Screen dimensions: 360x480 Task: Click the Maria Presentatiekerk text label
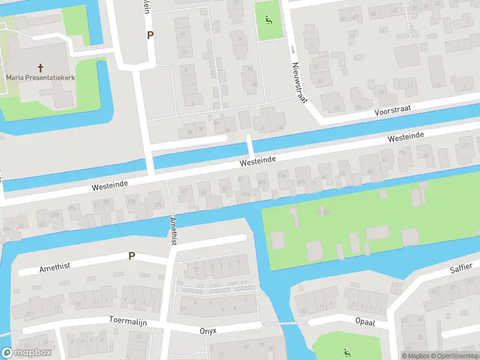click(x=41, y=77)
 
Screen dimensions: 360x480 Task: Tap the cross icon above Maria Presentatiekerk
click(x=41, y=68)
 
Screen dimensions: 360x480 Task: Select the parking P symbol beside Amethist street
click(x=131, y=256)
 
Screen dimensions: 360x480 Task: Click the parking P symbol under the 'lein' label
click(x=150, y=35)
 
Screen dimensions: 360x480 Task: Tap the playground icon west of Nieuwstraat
click(x=268, y=19)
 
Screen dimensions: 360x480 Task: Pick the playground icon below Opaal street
click(x=346, y=352)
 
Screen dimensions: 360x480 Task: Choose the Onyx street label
click(x=208, y=331)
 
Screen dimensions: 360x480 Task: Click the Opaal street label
click(x=364, y=322)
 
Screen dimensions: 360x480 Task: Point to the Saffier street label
click(x=461, y=267)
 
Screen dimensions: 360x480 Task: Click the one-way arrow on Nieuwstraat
click(x=293, y=49)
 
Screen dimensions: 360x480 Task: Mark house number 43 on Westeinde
click(x=370, y=172)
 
